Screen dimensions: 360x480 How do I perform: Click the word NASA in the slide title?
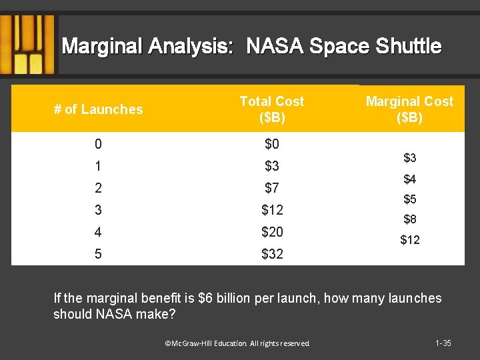pyautogui.click(x=273, y=46)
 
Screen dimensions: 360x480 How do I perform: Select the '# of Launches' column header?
pyautogui.click(x=98, y=109)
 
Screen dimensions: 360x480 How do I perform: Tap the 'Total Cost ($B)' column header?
pyautogui.click(x=271, y=109)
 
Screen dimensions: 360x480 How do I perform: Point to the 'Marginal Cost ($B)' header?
pyautogui.click(x=409, y=109)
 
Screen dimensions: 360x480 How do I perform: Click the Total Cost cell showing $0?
pyautogui.click(x=272, y=144)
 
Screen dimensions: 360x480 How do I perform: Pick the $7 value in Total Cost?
pyautogui.click(x=272, y=188)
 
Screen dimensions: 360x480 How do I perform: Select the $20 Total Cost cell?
pyautogui.click(x=272, y=232)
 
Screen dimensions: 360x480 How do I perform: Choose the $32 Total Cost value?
pyautogui.click(x=272, y=254)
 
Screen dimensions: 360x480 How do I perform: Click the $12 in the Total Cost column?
pyautogui.click(x=272, y=210)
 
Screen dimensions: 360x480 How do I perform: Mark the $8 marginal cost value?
pyautogui.click(x=409, y=219)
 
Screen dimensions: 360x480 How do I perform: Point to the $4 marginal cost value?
pyautogui.click(x=409, y=179)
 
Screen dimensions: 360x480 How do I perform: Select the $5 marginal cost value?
pyautogui.click(x=409, y=199)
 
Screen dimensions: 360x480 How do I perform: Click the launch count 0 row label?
pyautogui.click(x=98, y=144)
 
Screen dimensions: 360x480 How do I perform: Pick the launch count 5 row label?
pyautogui.click(x=98, y=254)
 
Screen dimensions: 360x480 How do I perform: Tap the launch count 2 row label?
pyautogui.click(x=98, y=188)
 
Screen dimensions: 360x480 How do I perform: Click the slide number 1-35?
pyautogui.click(x=443, y=343)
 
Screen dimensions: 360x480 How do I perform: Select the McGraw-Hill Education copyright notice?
pyautogui.click(x=237, y=343)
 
